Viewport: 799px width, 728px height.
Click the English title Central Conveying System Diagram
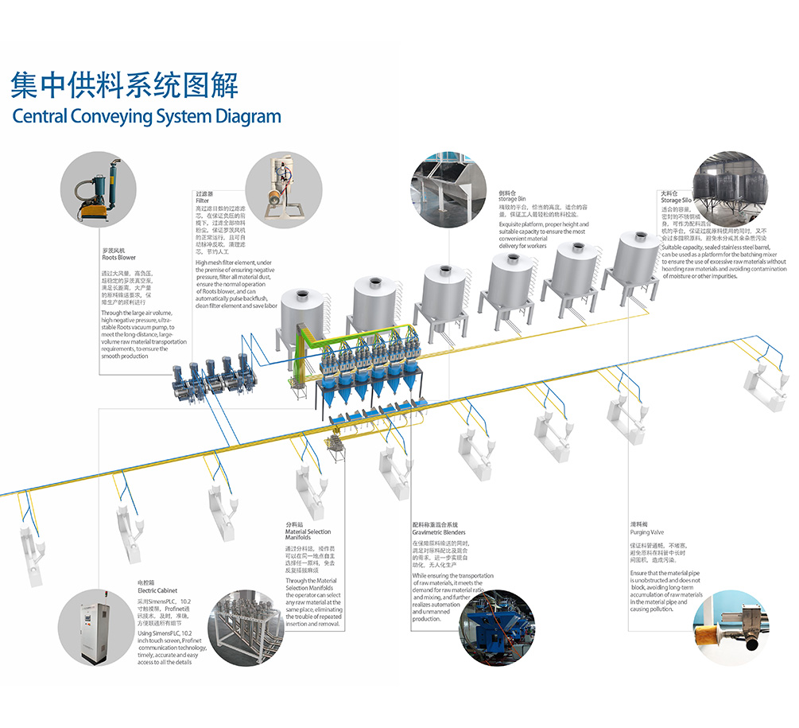[146, 116]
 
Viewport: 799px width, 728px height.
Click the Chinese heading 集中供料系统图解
[124, 84]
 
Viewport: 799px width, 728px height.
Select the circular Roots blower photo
[98, 190]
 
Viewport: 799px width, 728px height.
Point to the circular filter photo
[275, 189]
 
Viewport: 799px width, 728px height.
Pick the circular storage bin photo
[450, 189]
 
